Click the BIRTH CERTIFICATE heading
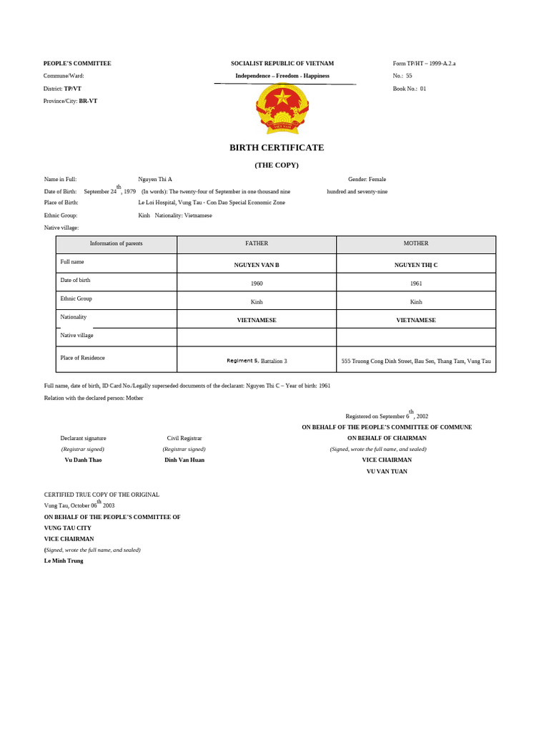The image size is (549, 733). click(276, 147)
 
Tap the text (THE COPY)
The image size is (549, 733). click(277, 165)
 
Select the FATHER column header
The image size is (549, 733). click(257, 244)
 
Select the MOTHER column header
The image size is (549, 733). click(416, 244)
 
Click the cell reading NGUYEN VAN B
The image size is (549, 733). click(257, 265)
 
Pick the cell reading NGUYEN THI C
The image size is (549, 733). click(416, 265)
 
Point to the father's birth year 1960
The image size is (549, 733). click(257, 283)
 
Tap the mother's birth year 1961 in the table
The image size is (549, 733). click(416, 283)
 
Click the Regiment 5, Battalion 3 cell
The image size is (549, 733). click(257, 361)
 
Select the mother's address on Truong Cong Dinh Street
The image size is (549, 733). click(416, 361)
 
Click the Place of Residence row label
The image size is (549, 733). click(82, 357)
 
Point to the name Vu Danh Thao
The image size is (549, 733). click(83, 460)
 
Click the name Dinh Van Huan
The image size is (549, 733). click(184, 460)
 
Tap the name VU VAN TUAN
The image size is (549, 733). click(387, 471)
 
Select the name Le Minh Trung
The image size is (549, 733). click(64, 560)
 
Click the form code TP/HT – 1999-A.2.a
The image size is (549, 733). click(424, 64)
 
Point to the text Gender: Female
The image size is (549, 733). click(367, 179)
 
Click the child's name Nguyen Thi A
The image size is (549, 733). click(155, 179)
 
